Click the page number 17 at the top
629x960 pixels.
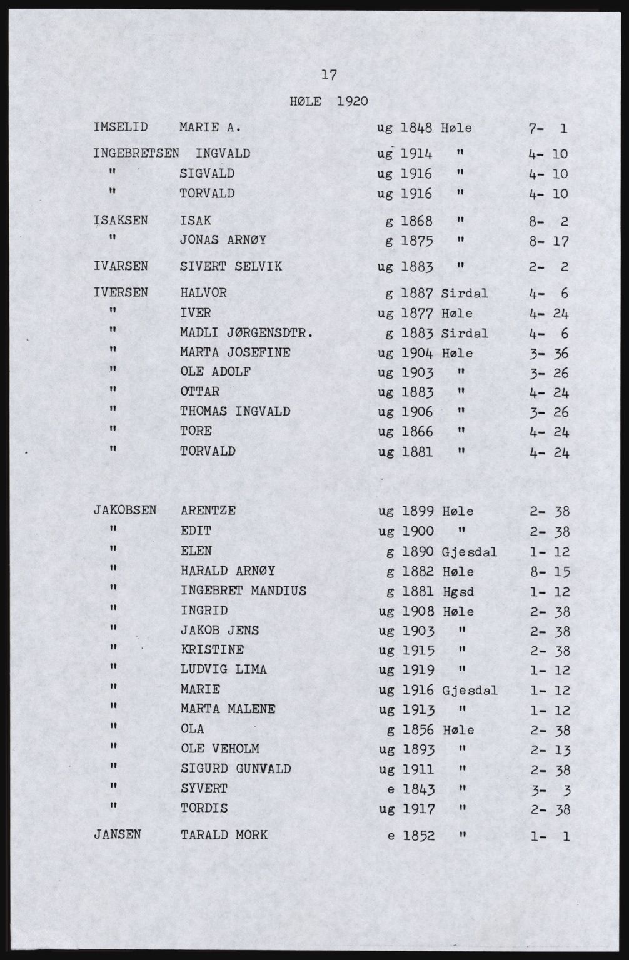coord(329,76)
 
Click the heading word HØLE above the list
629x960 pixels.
coord(306,101)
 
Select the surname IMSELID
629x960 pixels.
coord(120,127)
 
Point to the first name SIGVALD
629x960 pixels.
coord(206,173)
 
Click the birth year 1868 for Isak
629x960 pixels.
coord(416,221)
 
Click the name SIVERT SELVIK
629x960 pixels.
coord(231,267)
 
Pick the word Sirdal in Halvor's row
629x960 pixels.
coord(464,293)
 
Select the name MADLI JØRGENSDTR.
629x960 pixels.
coord(246,333)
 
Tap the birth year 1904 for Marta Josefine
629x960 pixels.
coord(416,353)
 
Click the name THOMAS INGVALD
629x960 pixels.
coord(235,412)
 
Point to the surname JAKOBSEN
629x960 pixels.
coord(125,510)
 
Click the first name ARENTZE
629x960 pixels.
coord(208,511)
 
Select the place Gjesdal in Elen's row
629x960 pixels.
coord(469,552)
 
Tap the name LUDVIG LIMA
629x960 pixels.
coord(223,670)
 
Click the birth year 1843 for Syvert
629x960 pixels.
coord(418,789)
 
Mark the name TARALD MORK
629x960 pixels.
coord(224,834)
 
